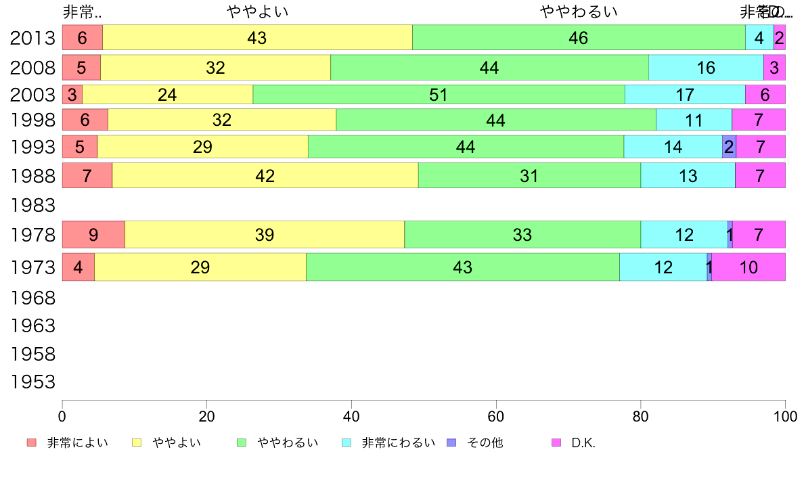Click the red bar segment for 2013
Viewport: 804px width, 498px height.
pyautogui.click(x=82, y=37)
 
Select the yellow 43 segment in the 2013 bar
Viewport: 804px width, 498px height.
pyautogui.click(x=257, y=37)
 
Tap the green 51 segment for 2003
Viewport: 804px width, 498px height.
pyautogui.click(x=439, y=95)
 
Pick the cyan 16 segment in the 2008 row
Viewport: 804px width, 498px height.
pyautogui.click(x=706, y=68)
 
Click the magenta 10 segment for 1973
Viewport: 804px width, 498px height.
pyautogui.click(x=749, y=267)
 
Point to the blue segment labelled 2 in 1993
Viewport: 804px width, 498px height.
pyautogui.click(x=729, y=147)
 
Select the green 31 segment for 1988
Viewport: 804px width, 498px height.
pyautogui.click(x=529, y=176)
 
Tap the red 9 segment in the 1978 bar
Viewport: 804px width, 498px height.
pyautogui.click(x=93, y=235)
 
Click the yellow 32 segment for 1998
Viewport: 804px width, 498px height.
pyautogui.click(x=222, y=120)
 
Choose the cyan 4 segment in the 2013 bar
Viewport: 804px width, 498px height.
pyautogui.click(x=759, y=37)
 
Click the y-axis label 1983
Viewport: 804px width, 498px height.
pyautogui.click(x=32, y=205)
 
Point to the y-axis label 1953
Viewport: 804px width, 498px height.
pyautogui.click(x=32, y=382)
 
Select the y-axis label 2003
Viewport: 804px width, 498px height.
pyautogui.click(x=32, y=95)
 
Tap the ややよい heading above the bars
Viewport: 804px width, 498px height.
pyautogui.click(x=258, y=12)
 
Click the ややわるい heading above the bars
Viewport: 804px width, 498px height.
pyautogui.click(x=579, y=12)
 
